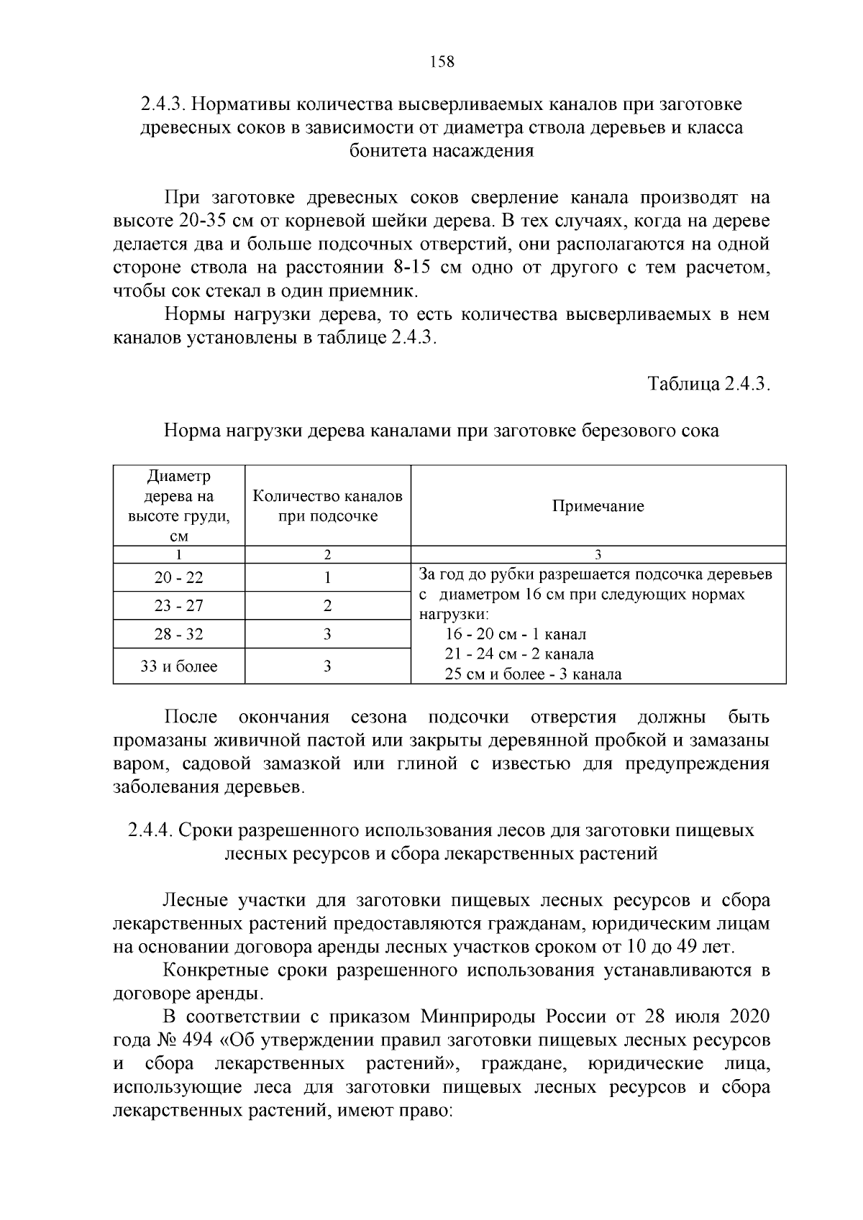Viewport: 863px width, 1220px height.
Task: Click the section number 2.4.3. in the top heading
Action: pyautogui.click(x=163, y=104)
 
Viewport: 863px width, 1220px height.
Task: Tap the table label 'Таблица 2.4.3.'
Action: pyautogui.click(x=709, y=383)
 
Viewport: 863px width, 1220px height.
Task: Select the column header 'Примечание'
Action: pyautogui.click(x=598, y=506)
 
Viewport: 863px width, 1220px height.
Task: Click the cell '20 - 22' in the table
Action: pyautogui.click(x=179, y=578)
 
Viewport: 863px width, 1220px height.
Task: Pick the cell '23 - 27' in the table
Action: pyautogui.click(x=179, y=606)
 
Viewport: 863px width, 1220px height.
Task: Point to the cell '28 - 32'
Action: pyautogui.click(x=179, y=634)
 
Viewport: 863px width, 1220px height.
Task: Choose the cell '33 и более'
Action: pyautogui.click(x=179, y=666)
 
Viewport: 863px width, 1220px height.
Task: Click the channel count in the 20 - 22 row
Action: pyautogui.click(x=327, y=578)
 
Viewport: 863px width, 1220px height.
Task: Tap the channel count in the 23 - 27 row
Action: pyautogui.click(x=327, y=606)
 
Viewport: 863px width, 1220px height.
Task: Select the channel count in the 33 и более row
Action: pyautogui.click(x=327, y=666)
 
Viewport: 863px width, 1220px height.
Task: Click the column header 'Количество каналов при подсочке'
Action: pyautogui.click(x=328, y=506)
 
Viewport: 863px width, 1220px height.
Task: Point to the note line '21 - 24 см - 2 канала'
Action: pyautogui.click(x=519, y=654)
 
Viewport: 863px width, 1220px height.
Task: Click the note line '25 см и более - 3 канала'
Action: pyautogui.click(x=533, y=674)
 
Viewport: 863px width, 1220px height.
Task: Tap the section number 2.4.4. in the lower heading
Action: pyautogui.click(x=150, y=830)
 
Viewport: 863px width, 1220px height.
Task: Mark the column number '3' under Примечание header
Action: pyautogui.click(x=598, y=554)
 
